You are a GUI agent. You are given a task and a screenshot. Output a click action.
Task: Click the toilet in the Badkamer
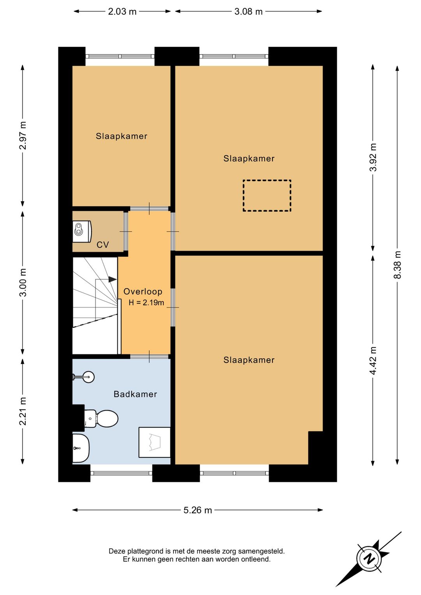tap(101, 419)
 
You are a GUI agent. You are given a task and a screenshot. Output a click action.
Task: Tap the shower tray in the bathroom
tap(154, 442)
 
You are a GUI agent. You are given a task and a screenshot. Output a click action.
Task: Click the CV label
tap(103, 244)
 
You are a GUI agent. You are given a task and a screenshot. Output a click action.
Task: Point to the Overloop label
tap(143, 291)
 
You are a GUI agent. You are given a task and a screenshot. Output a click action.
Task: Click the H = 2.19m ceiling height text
tap(146, 303)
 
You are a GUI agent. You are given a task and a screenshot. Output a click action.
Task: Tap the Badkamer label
tap(135, 394)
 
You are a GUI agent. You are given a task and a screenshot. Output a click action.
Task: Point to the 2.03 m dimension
tap(122, 11)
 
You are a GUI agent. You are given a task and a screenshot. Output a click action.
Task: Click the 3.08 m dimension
tap(248, 11)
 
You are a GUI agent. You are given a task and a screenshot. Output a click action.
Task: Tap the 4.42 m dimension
tap(373, 361)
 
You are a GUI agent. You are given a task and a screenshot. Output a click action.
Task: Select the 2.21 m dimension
tap(23, 411)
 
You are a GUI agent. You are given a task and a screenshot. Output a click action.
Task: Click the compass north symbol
tap(369, 559)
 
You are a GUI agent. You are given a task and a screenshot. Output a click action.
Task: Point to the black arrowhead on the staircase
tap(112, 279)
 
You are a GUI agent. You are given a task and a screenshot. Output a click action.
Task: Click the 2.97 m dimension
tap(23, 135)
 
